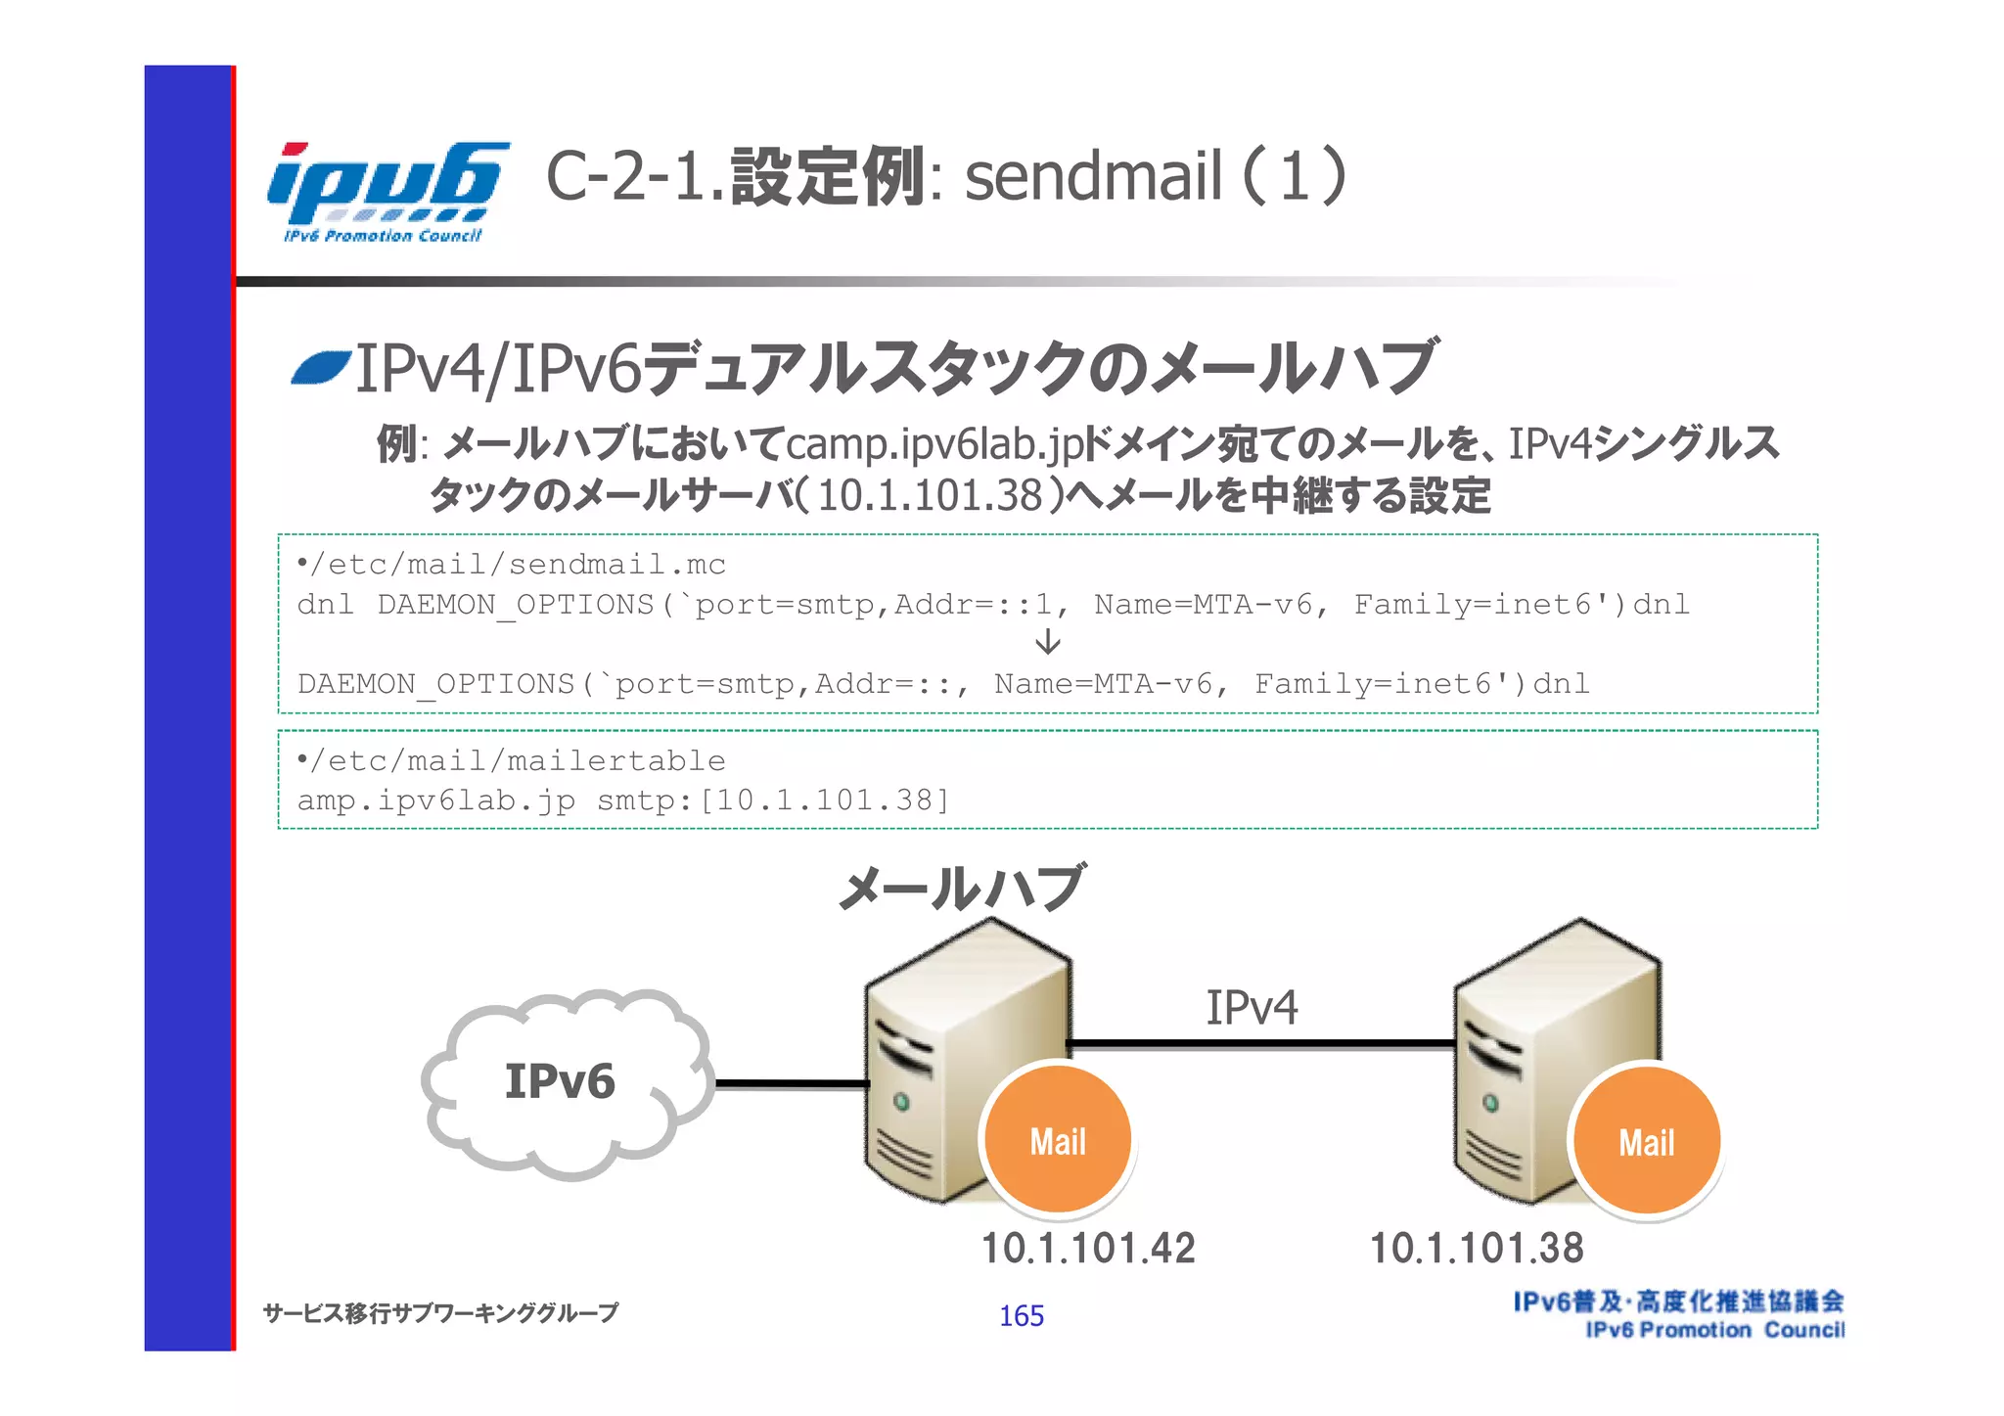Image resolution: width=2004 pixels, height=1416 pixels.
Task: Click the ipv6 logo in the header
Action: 387,191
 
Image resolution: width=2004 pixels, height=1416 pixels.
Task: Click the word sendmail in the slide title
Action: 1093,176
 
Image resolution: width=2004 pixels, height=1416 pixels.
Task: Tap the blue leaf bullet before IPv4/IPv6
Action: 321,369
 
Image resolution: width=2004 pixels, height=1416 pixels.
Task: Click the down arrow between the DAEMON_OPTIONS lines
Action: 1047,642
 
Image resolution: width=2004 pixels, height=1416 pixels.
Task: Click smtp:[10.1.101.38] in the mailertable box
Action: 773,800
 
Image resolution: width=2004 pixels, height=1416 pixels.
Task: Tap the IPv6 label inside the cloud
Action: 560,1081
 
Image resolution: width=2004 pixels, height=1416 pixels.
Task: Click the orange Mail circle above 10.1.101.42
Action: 1058,1141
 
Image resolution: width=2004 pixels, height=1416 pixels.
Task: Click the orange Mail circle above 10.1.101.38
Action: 1647,1141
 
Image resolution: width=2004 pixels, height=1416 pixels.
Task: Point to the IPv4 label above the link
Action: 1251,1008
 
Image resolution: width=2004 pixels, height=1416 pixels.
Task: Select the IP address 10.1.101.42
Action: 1088,1249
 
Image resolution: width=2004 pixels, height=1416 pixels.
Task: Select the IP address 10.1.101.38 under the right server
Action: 1476,1249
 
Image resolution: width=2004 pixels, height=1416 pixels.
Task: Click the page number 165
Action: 1021,1316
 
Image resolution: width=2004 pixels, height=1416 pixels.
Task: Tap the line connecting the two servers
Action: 1262,1044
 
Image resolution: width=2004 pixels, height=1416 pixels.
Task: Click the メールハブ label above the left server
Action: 962,889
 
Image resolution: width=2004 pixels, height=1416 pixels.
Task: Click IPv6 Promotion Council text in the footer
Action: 1714,1330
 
